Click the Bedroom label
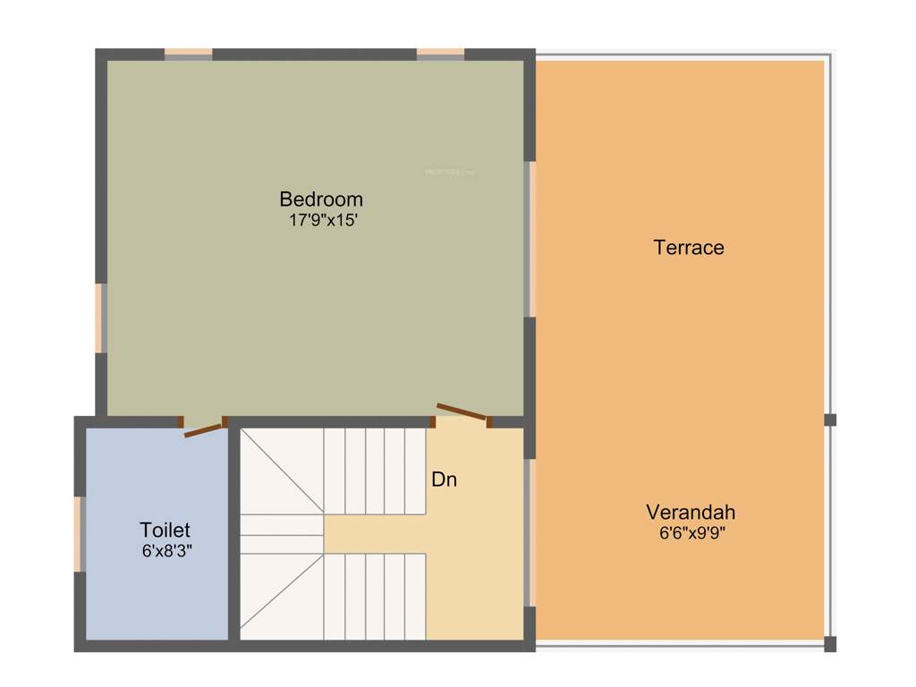[321, 199]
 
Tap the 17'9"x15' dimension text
[323, 220]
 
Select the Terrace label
[689, 248]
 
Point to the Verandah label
[691, 513]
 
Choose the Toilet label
[165, 530]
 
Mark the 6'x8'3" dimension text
[166, 552]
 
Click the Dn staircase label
[445, 479]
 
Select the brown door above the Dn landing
[462, 412]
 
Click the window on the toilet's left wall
[79, 533]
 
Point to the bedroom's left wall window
[101, 318]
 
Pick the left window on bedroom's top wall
[188, 54]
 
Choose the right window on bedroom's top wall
[440, 54]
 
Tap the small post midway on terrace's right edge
[830, 420]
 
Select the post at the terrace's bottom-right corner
[830, 643]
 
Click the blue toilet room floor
[157, 590]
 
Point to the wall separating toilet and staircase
[234, 533]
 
